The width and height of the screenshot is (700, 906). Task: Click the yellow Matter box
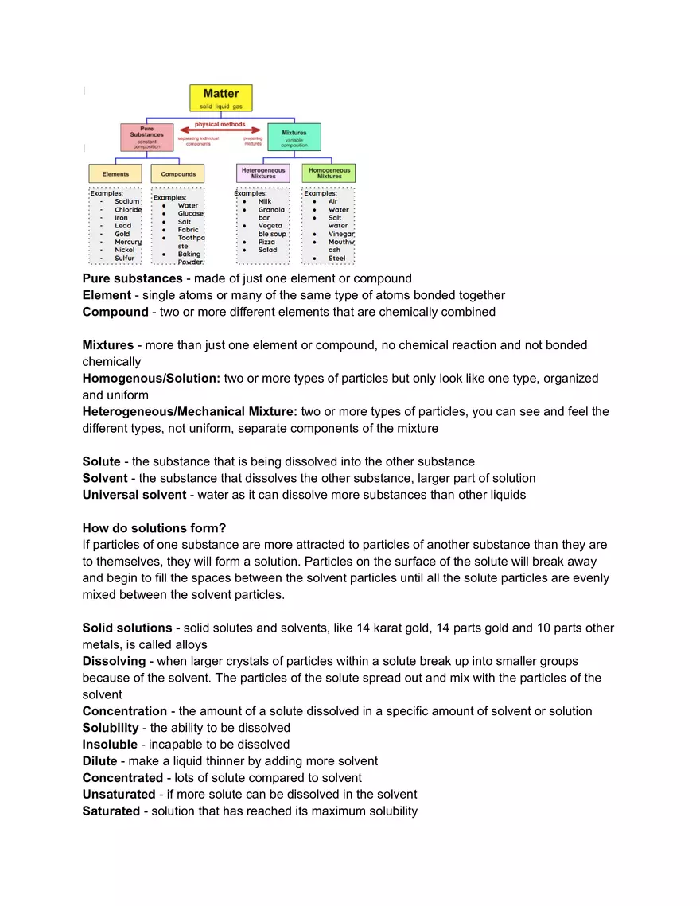[x=220, y=98]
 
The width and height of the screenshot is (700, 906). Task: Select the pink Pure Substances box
[x=146, y=137]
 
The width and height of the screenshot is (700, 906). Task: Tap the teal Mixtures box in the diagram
[x=294, y=137]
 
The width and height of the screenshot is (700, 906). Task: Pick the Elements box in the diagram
[x=115, y=173]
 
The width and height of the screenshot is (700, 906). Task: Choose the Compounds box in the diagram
[x=178, y=173]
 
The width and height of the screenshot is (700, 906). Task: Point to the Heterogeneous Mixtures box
[x=263, y=173]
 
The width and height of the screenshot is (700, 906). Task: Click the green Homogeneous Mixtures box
[x=329, y=173]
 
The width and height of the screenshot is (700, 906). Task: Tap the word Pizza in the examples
[x=266, y=242]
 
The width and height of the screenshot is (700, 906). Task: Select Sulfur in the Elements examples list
[x=124, y=258]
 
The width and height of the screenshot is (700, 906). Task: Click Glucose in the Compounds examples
[x=190, y=213]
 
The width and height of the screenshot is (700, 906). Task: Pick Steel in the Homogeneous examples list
[x=336, y=258]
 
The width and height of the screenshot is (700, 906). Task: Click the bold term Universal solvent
[x=134, y=495]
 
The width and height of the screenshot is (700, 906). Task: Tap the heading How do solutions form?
[x=154, y=528]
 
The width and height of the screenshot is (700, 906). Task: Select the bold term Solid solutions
[x=127, y=628]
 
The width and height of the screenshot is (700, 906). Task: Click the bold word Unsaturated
[x=119, y=794]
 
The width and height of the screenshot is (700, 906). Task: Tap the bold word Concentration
[x=124, y=711]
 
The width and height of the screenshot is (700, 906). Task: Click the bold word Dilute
[x=99, y=760]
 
